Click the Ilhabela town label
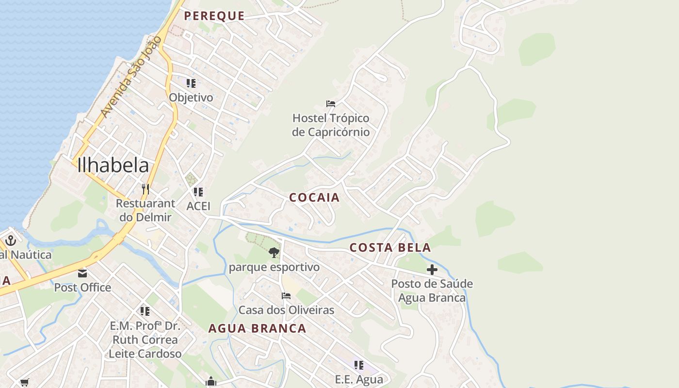113,165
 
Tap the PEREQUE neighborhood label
214,16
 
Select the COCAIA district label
314,198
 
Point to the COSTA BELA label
390,248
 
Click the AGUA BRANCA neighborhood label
257,328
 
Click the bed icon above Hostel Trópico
331,103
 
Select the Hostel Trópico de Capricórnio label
331,125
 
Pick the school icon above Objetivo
191,83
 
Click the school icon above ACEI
198,192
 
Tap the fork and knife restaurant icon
145,189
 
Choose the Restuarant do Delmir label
145,210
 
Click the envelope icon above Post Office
82,274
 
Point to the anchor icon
11,240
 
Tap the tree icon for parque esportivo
274,252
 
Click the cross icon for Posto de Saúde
432,270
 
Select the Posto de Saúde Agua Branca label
432,291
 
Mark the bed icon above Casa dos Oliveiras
286,296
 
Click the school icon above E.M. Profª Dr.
145,311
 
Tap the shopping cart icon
24,383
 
